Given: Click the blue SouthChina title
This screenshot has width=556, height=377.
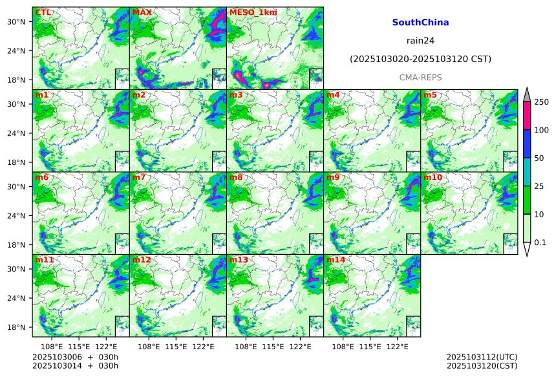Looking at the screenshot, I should [x=420, y=23].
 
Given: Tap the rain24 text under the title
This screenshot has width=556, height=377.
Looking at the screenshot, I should [x=420, y=40].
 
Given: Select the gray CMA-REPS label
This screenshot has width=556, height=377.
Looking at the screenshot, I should [x=420, y=77].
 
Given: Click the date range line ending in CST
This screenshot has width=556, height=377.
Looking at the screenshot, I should [x=420, y=59].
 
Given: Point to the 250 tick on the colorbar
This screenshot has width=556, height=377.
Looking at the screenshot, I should [x=541, y=102].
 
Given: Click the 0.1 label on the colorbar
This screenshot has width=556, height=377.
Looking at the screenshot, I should [x=540, y=242].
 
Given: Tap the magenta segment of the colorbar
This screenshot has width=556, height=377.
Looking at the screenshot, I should [x=526, y=116].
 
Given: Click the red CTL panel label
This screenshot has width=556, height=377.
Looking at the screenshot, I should [x=43, y=12].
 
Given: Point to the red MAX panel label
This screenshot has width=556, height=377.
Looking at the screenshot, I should [x=142, y=12].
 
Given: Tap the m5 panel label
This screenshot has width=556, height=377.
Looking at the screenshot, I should [x=430, y=95].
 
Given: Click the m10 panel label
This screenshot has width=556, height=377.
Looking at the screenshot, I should [x=433, y=177].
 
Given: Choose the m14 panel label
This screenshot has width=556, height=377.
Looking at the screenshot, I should [x=336, y=260].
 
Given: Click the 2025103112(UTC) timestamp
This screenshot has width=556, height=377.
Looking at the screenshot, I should [x=482, y=357].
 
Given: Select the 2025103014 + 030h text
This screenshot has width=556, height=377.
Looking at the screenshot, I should [x=75, y=366].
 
